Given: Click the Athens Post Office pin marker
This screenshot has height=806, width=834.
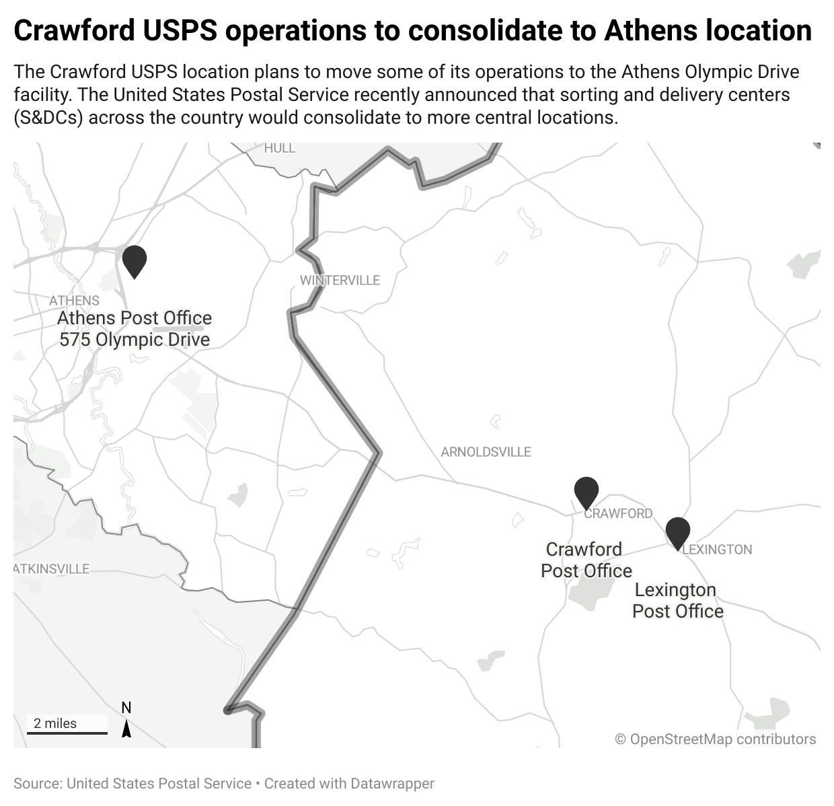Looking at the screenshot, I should (x=135, y=260).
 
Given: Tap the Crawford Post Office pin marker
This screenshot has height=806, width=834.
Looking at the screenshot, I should (x=586, y=492).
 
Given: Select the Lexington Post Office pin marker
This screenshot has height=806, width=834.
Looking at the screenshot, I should (x=678, y=532).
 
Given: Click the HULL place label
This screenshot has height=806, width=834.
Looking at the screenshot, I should (x=280, y=148).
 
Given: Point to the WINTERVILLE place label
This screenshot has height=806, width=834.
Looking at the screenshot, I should (x=340, y=281).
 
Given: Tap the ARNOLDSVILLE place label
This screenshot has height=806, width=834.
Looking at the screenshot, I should (x=486, y=452).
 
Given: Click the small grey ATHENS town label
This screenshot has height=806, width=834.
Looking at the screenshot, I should (x=74, y=301).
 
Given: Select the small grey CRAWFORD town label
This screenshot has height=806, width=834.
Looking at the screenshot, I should (x=618, y=514).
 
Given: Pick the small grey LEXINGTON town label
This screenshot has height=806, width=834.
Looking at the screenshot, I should (x=717, y=550).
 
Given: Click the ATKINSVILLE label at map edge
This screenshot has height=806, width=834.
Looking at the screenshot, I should (x=52, y=569).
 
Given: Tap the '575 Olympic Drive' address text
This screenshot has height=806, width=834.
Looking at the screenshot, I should (x=135, y=340).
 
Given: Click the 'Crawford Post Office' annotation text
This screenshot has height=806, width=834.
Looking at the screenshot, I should (x=586, y=560).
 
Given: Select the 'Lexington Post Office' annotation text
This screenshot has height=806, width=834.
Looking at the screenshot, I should (x=677, y=600).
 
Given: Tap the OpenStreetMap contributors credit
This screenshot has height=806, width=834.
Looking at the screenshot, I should (x=716, y=739).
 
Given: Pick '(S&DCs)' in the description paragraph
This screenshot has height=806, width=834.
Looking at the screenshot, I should (x=47, y=118).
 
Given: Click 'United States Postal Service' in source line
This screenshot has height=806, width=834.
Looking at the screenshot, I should (x=159, y=784).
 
